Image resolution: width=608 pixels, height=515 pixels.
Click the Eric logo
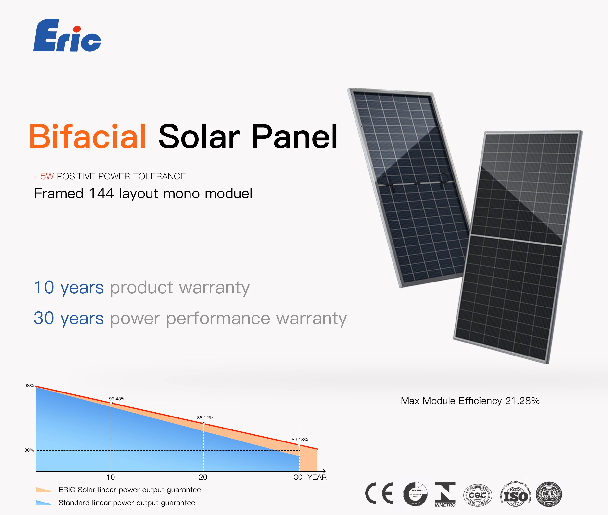(x=67, y=36)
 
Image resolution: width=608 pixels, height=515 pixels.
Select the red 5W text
(x=47, y=176)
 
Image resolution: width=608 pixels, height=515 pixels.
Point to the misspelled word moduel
(x=228, y=194)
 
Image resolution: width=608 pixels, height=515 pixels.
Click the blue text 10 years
(x=69, y=287)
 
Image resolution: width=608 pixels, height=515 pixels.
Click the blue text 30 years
(x=69, y=318)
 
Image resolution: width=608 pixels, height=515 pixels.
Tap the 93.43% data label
(x=117, y=399)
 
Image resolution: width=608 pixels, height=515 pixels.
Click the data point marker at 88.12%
(x=204, y=424)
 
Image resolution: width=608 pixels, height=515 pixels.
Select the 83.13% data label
(x=300, y=439)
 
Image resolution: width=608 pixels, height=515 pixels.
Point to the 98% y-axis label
(x=29, y=386)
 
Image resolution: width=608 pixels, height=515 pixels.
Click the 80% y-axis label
(x=29, y=450)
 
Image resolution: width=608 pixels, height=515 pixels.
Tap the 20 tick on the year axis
(x=203, y=477)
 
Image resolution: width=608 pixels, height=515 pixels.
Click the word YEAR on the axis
(x=317, y=477)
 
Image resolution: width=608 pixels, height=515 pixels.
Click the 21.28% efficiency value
(x=522, y=401)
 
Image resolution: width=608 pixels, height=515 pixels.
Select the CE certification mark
(x=379, y=493)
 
